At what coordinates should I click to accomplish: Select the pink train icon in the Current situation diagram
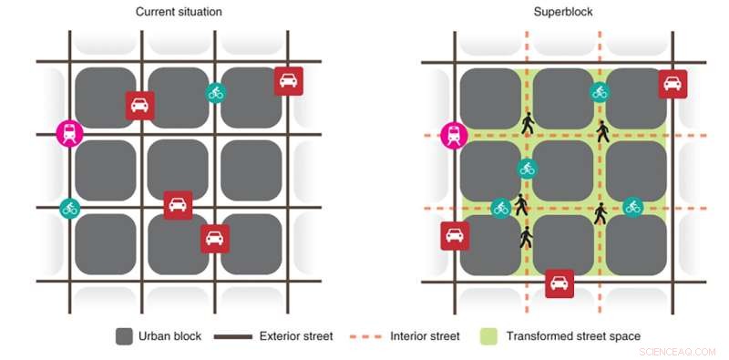coord(69,133)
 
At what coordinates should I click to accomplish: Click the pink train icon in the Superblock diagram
coord(453,135)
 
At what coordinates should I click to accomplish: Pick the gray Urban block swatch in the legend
coord(124,336)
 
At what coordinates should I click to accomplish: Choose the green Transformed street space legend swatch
coord(489,336)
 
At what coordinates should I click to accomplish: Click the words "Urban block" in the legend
coord(170,336)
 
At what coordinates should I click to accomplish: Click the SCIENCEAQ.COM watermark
coord(679,349)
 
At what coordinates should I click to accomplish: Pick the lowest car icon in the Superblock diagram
coord(560,283)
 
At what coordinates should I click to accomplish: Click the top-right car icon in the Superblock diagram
coord(673,85)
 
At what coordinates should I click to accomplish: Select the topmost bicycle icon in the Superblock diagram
coord(599,91)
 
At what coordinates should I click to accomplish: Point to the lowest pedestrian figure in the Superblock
coord(525,239)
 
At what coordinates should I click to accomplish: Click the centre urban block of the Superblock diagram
coord(563,170)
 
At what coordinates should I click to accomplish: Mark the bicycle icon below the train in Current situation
coord(69,208)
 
